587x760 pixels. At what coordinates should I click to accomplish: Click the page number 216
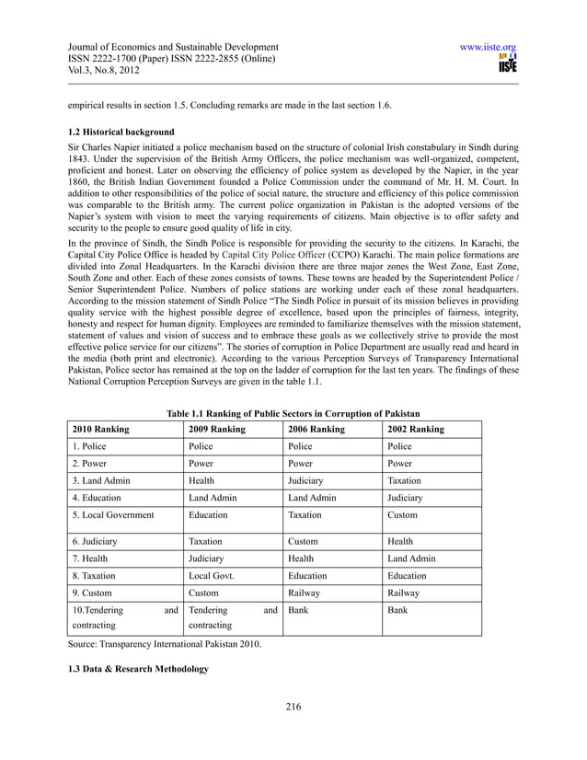coord(293,707)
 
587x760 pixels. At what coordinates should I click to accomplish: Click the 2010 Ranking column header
coord(100,429)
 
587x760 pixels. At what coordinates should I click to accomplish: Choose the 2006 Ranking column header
coord(317,429)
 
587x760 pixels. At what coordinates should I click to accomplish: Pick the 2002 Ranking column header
coord(416,429)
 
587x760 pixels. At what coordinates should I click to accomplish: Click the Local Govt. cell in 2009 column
coord(211,575)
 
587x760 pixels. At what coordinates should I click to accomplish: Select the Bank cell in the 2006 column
coord(298,609)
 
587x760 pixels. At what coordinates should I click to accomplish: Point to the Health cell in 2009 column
coord(201,480)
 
